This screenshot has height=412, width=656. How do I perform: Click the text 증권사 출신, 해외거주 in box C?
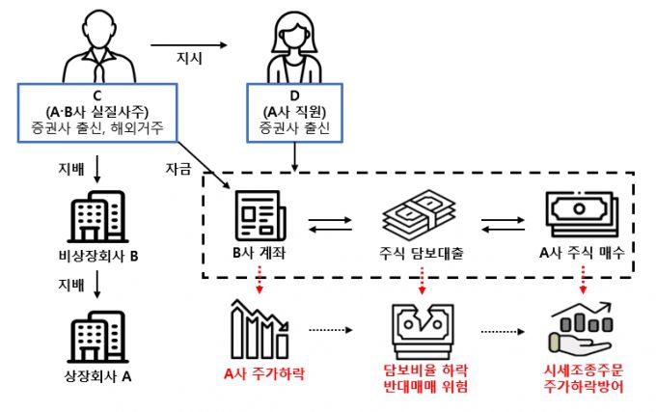96,127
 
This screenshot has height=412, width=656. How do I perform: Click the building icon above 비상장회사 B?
96,221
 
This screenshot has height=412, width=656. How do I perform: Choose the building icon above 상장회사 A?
96,332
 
